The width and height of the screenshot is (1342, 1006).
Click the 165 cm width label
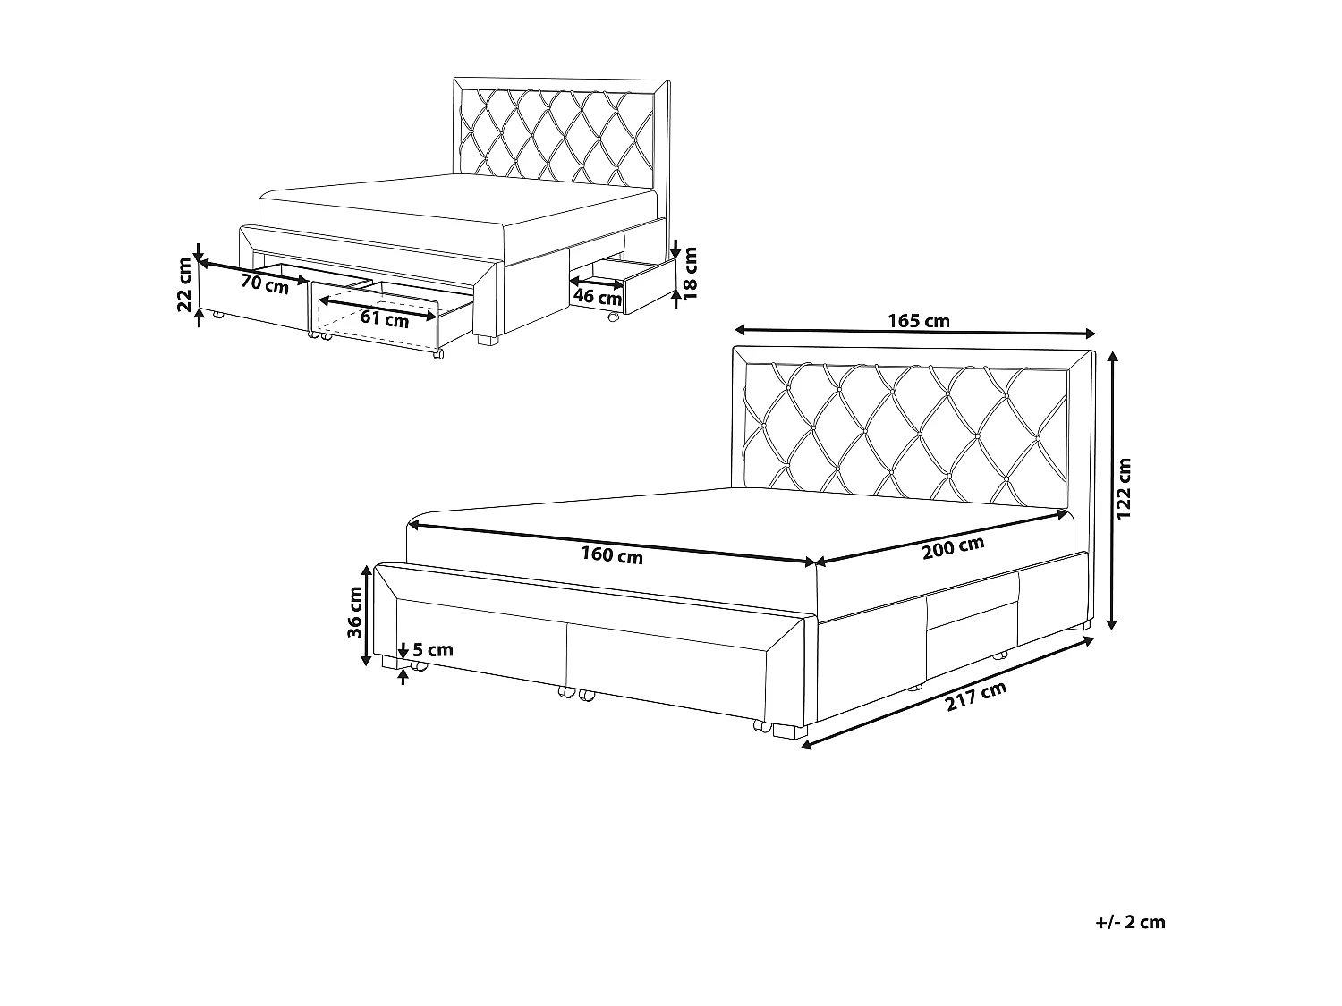pos(919,320)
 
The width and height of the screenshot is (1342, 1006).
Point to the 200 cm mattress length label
pos(953,547)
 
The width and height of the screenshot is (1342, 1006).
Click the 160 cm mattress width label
pos(612,555)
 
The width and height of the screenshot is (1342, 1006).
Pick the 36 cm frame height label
pos(355,613)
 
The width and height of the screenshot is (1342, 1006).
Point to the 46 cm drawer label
pos(597,296)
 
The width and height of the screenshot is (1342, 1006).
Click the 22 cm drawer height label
pos(185,284)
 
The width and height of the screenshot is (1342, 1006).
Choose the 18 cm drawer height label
pos(689,273)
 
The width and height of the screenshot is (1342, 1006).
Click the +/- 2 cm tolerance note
pos(1130,922)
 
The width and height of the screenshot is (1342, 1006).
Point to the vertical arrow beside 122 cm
pos(1112,489)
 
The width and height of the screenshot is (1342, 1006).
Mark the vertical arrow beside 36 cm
pos(367,615)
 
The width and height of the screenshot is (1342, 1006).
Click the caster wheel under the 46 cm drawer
pos(613,317)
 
